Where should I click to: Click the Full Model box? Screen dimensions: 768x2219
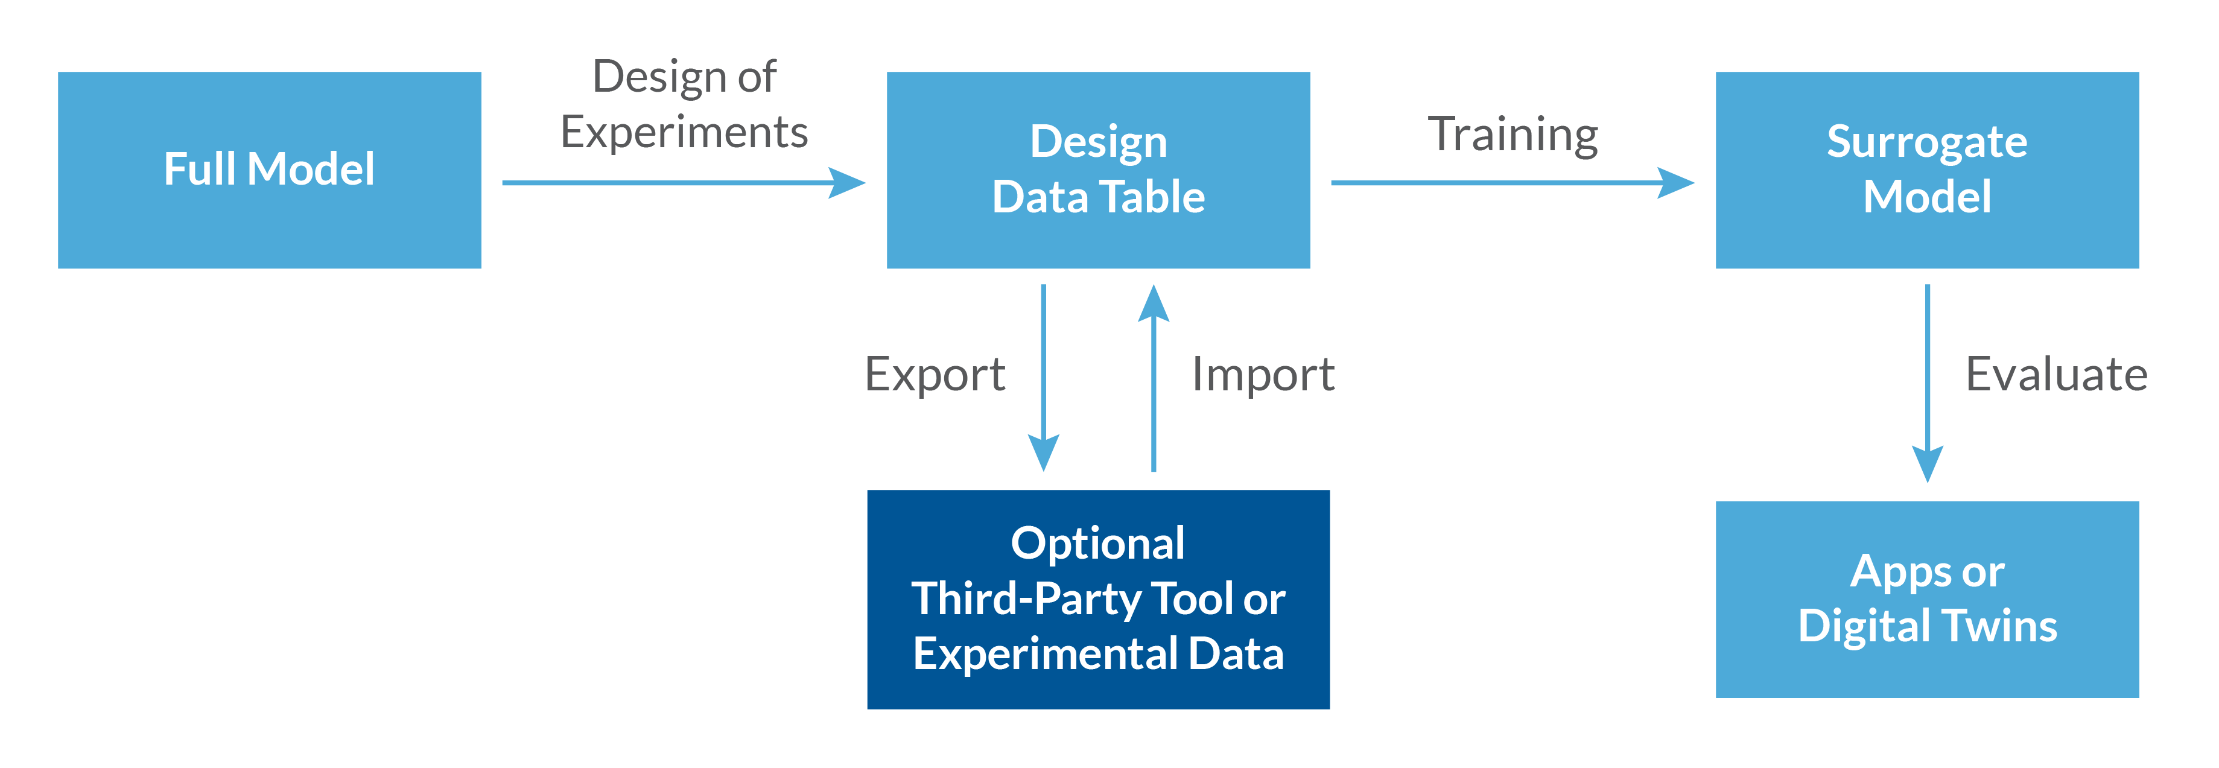click(268, 170)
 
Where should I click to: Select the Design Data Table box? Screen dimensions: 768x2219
click(1097, 170)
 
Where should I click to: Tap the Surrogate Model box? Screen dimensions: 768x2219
click(1926, 170)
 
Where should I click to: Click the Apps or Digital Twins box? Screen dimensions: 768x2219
click(1926, 599)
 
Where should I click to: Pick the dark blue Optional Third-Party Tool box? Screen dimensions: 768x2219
click(1097, 599)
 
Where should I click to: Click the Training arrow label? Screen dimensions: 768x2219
click(1513, 135)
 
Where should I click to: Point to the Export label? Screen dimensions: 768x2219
click(935, 375)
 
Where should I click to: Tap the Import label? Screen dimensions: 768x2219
click(1263, 375)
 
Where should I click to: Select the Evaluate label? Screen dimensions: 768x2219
click(2056, 375)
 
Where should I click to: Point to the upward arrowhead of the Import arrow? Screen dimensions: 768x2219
click(1154, 304)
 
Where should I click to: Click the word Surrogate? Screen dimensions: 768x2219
click(1926, 142)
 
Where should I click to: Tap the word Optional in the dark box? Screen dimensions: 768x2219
click(1097, 544)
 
